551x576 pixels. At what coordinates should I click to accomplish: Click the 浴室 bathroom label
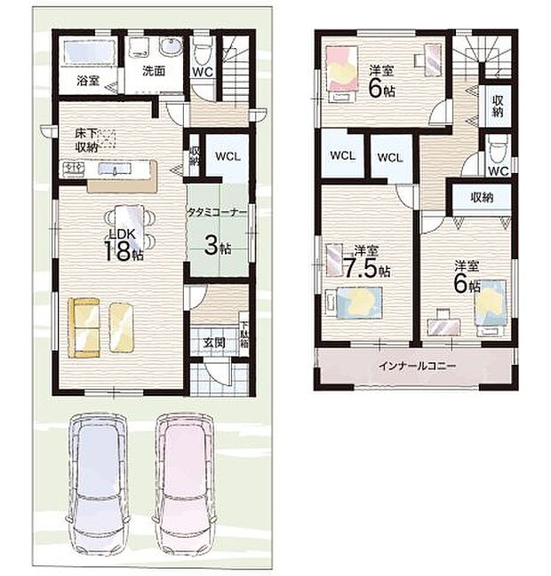tap(87, 81)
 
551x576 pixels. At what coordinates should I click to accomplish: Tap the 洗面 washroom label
tap(153, 73)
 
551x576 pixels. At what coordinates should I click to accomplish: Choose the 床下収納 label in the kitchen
tap(87, 140)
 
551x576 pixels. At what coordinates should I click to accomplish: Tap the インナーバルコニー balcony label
tap(416, 366)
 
